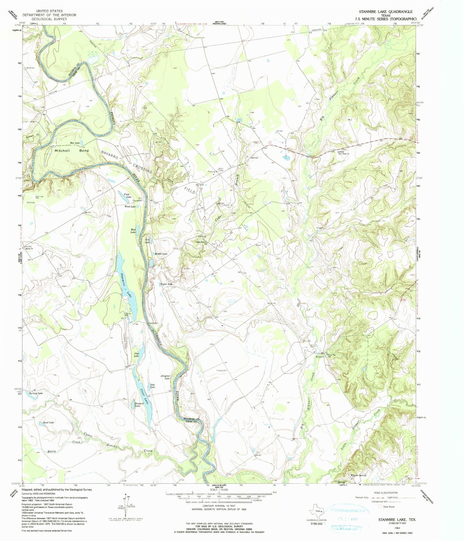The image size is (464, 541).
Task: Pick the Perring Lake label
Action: coord(36,393)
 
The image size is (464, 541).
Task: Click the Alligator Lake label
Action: coord(165,377)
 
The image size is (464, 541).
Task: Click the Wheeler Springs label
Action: coord(358,475)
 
